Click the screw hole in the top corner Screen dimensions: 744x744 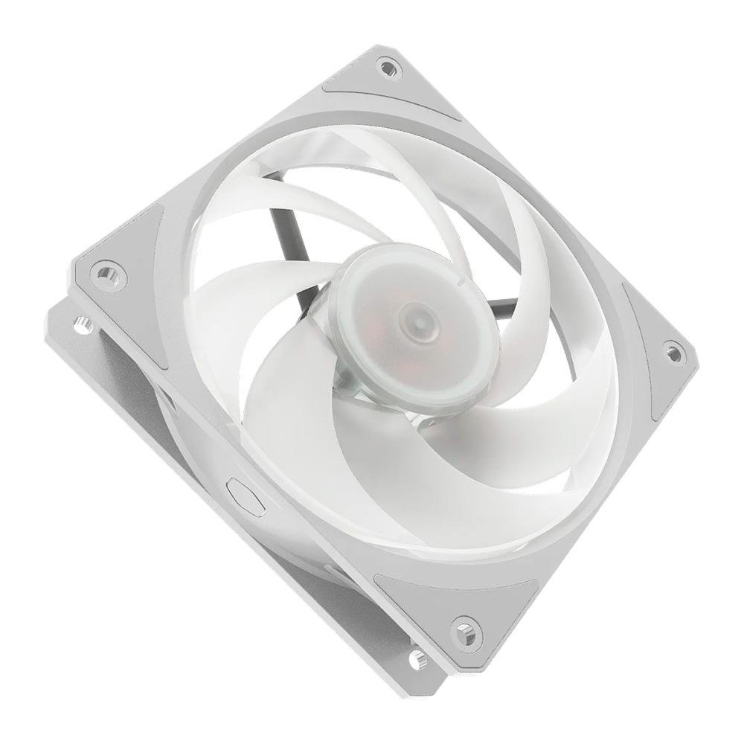pyautogui.click(x=388, y=68)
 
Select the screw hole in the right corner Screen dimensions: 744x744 pyautogui.click(x=673, y=352)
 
